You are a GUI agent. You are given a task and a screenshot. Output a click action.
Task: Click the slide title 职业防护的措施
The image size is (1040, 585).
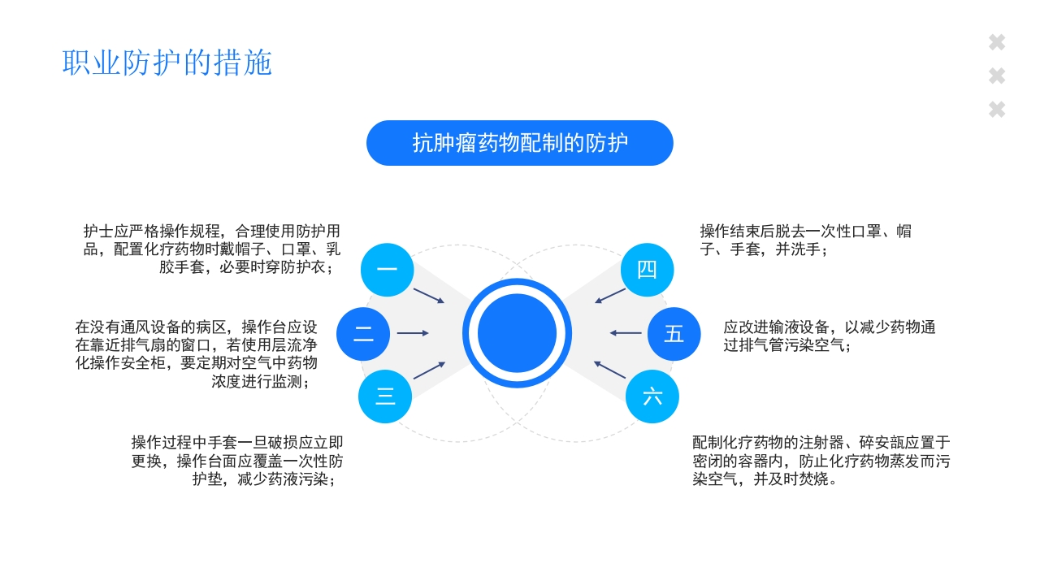(x=167, y=63)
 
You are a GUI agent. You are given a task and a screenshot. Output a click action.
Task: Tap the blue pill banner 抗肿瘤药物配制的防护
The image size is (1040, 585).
(x=520, y=143)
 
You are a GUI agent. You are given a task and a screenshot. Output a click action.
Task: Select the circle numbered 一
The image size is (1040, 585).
(x=387, y=270)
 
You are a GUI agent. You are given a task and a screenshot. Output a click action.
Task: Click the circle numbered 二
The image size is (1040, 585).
(x=363, y=334)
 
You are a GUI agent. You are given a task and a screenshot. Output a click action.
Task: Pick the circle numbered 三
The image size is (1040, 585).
(x=385, y=396)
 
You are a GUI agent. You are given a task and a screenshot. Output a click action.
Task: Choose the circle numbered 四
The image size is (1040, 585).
(x=647, y=270)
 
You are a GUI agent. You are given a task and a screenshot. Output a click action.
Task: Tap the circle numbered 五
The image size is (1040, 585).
(x=674, y=334)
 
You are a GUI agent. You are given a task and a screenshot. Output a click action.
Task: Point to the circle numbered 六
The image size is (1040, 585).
(x=652, y=396)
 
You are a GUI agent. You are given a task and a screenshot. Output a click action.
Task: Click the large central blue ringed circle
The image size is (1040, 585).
(x=518, y=333)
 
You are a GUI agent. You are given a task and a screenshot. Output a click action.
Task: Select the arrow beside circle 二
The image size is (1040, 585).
(x=413, y=333)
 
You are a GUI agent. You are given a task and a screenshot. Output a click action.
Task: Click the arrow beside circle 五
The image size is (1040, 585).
(x=626, y=333)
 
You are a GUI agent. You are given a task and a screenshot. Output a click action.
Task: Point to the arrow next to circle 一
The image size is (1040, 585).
(x=429, y=296)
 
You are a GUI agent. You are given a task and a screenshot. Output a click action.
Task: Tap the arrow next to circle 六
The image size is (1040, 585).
(x=610, y=370)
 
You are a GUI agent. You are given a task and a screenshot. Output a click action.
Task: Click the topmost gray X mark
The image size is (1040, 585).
(x=997, y=43)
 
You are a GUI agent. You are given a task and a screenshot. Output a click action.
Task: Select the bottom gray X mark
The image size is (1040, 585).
(x=997, y=110)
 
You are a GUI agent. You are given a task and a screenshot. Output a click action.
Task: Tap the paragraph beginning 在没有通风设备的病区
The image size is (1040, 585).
(x=196, y=353)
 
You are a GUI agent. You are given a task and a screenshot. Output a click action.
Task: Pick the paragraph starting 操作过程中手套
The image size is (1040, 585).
(x=237, y=461)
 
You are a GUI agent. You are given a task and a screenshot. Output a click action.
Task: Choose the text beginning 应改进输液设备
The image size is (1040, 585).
(x=829, y=336)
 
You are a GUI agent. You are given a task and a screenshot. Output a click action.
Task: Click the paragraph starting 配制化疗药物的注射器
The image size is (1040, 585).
(x=821, y=461)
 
